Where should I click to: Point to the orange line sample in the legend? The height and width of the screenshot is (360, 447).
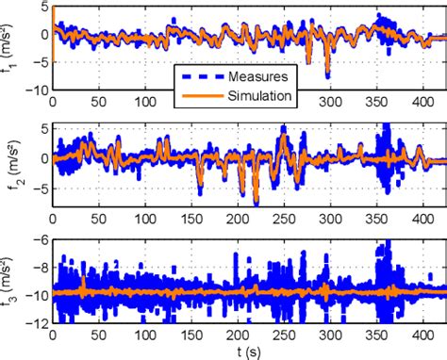coord(202,94)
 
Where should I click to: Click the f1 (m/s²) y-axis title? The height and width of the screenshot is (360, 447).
coord(12,48)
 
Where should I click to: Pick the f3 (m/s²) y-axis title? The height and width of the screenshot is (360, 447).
coord(12,279)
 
